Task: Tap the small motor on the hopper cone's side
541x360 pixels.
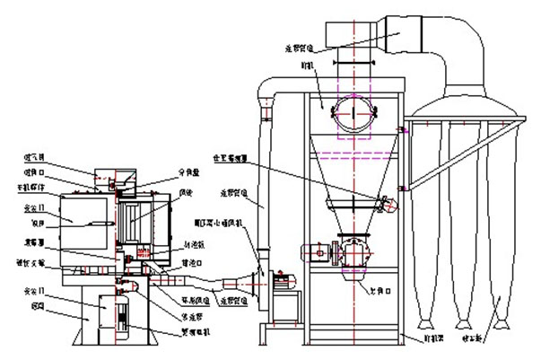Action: [x=388, y=204]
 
